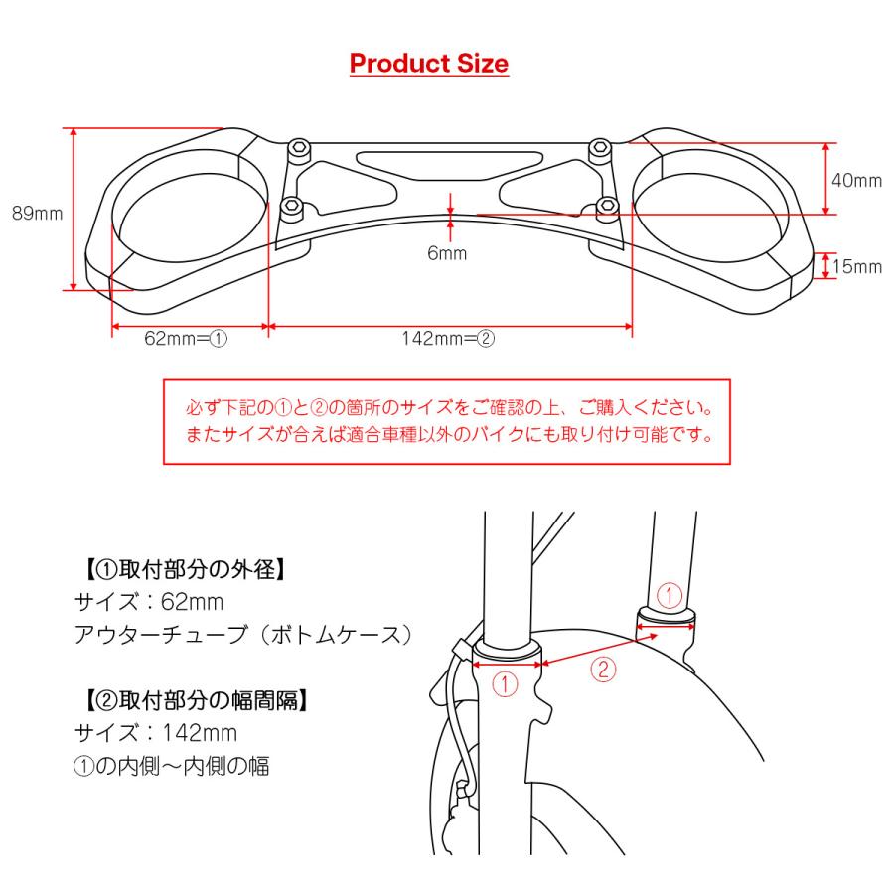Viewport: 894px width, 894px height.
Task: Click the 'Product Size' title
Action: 429,65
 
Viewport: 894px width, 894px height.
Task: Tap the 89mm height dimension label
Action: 37,212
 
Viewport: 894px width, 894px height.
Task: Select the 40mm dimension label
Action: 855,180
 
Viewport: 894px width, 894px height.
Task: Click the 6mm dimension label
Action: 447,253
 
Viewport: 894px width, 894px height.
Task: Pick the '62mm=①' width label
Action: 187,338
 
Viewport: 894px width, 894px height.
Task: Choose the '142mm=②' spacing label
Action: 448,338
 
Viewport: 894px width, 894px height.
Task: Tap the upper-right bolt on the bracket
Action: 598,150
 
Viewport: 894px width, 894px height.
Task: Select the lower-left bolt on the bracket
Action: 291,207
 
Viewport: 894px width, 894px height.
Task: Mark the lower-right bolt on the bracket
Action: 605,207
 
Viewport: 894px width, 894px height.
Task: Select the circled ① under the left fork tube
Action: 506,683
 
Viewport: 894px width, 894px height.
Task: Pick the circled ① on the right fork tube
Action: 670,596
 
